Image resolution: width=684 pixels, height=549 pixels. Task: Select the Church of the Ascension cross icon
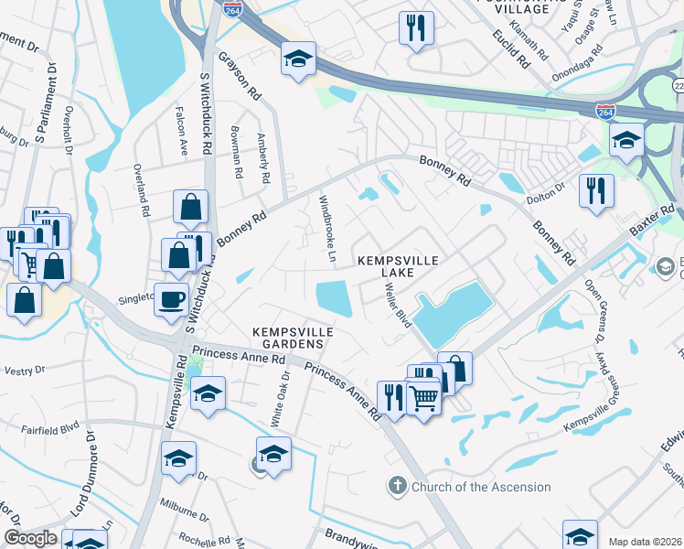(397, 486)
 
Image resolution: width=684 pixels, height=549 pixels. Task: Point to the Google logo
(30, 538)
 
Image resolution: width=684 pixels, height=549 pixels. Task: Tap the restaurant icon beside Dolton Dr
(596, 190)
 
